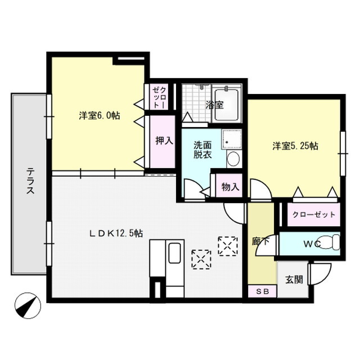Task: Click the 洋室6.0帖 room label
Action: pyautogui.click(x=100, y=116)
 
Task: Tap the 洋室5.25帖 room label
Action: pyautogui.click(x=295, y=146)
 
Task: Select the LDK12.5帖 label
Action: pyautogui.click(x=116, y=233)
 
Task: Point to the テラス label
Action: pyautogui.click(x=30, y=181)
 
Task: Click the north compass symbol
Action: pyautogui.click(x=28, y=305)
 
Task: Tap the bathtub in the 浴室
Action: pyautogui.click(x=227, y=105)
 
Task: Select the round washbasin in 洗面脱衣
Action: pyautogui.click(x=233, y=159)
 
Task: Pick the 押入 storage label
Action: pyautogui.click(x=164, y=141)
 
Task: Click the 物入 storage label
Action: pyautogui.click(x=230, y=187)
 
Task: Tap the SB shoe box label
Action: pyautogui.click(x=263, y=291)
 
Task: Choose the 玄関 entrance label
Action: pyautogui.click(x=294, y=280)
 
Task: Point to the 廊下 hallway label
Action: pyautogui.click(x=260, y=242)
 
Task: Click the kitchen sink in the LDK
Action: pyautogui.click(x=174, y=253)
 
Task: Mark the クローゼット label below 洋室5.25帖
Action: pyautogui.click(x=314, y=214)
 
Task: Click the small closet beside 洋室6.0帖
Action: pyautogui.click(x=159, y=97)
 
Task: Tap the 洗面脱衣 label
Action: pyautogui.click(x=202, y=150)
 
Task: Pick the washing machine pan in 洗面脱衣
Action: pyautogui.click(x=232, y=139)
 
